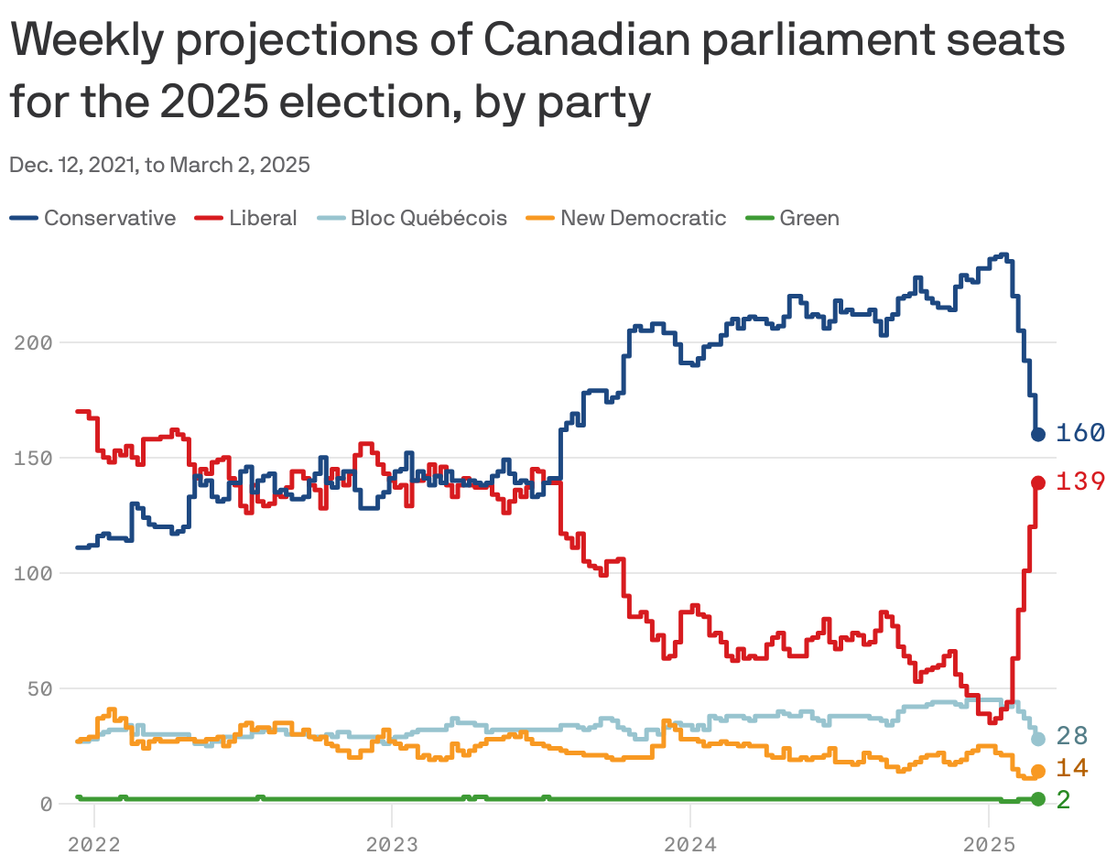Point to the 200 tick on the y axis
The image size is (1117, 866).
pyautogui.click(x=34, y=342)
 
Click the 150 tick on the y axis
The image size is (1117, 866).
pyautogui.click(x=34, y=458)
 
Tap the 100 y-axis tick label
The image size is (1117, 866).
pyautogui.click(x=34, y=573)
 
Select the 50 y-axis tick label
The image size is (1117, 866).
pyautogui.click(x=40, y=688)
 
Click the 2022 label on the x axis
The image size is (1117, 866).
pyautogui.click(x=94, y=843)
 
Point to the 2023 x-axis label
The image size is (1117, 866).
pyautogui.click(x=392, y=843)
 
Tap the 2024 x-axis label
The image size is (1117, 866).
pyautogui.click(x=690, y=843)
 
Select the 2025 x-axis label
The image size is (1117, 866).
pyautogui.click(x=989, y=843)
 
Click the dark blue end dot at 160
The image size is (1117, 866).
pyautogui.click(x=1038, y=434)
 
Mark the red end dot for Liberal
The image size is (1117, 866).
pyautogui.click(x=1038, y=482)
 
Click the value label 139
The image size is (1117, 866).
pyautogui.click(x=1080, y=482)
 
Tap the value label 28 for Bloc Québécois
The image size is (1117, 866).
pyautogui.click(x=1072, y=736)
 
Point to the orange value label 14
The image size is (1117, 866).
pyautogui.click(x=1072, y=768)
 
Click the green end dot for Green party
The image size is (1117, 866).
pyautogui.click(x=1038, y=799)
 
